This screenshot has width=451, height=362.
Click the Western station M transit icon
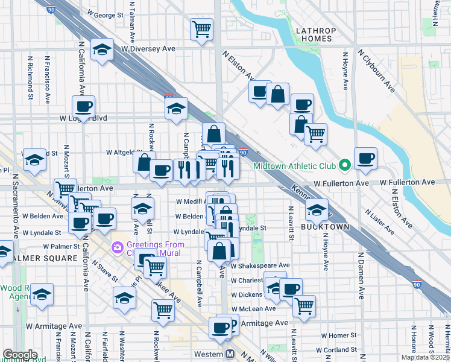(x=230, y=355)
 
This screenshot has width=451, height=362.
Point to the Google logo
(x=20, y=355)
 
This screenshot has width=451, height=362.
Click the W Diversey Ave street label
(x=148, y=49)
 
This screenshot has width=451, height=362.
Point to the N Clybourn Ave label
(x=376, y=70)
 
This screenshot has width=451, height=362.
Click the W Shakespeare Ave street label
(x=260, y=265)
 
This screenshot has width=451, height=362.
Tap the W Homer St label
(x=339, y=335)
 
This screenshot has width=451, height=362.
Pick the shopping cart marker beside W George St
(x=201, y=28)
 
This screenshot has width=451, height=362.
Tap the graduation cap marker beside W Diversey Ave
(x=102, y=51)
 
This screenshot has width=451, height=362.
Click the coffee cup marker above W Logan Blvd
(x=83, y=107)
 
